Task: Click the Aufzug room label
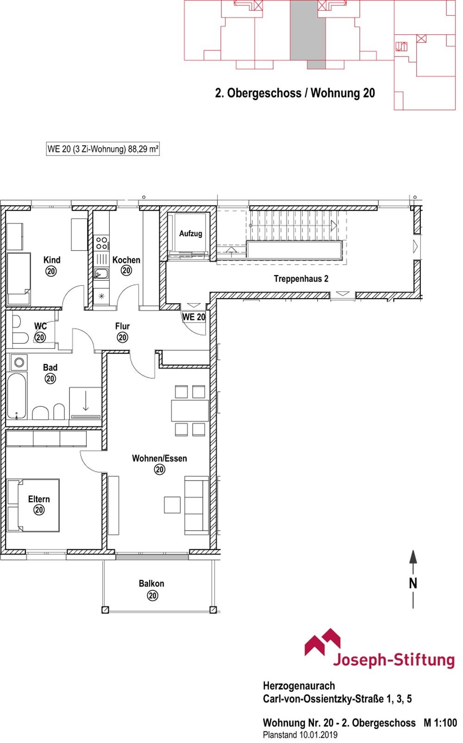point(191,233)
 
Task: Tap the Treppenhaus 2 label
point(301,279)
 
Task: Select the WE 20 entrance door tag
point(194,317)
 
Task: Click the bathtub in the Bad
point(17,396)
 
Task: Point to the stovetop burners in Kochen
point(102,243)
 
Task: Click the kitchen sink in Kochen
point(101,274)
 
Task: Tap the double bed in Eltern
point(33,505)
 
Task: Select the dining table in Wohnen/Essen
point(190,410)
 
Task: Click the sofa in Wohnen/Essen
point(197,505)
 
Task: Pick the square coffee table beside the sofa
point(172,505)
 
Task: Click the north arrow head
point(413,557)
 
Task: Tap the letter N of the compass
point(413,583)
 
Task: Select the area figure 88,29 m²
point(143,149)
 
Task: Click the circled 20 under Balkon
point(153,596)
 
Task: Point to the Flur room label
point(122,326)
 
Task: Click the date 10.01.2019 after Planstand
point(319,735)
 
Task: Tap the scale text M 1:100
point(440,723)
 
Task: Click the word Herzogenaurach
point(299,686)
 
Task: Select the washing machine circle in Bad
point(19,362)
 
